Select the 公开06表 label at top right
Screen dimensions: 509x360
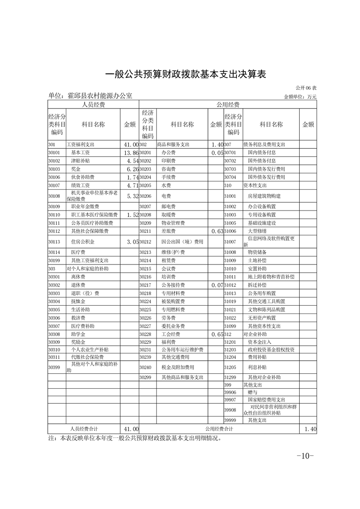click(306, 87)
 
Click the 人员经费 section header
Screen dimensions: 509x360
click(93, 104)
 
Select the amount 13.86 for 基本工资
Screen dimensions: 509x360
click(129, 153)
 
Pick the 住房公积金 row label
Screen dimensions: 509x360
click(83, 242)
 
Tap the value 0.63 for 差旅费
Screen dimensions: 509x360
click(216, 231)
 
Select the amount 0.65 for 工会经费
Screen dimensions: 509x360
click(216, 334)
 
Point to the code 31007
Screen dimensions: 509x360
click(231, 242)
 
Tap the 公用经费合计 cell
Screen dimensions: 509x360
click(219, 428)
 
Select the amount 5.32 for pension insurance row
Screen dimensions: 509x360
click(129, 196)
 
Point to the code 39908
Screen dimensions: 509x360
click(231, 410)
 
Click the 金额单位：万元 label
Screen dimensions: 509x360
click(300, 97)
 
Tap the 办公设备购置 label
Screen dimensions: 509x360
click(262, 206)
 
